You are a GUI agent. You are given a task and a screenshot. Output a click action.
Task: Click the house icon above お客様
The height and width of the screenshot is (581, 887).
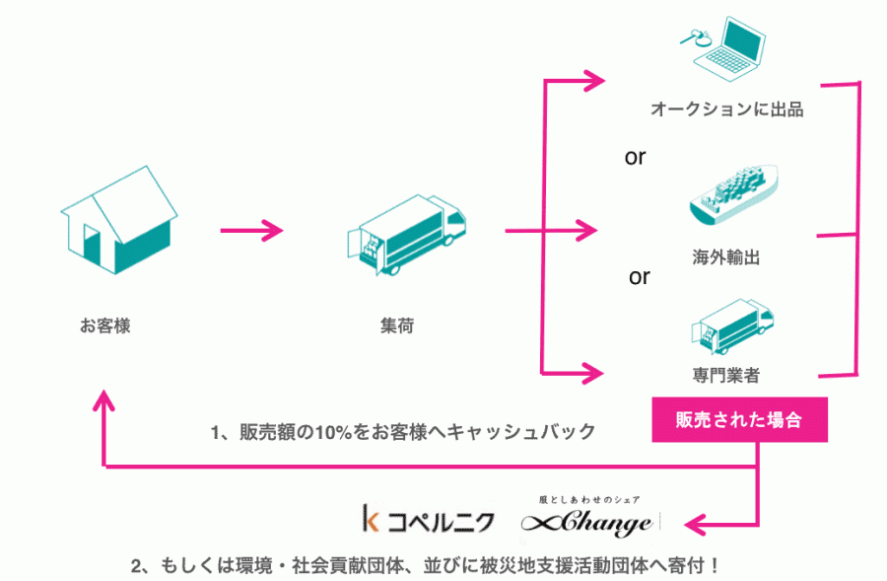[x=119, y=220]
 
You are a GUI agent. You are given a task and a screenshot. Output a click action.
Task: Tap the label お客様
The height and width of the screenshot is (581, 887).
[x=105, y=326]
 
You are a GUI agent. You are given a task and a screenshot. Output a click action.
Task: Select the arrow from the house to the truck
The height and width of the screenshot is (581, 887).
[x=251, y=231]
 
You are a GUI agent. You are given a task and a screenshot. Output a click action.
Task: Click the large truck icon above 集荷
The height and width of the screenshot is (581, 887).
[x=406, y=235]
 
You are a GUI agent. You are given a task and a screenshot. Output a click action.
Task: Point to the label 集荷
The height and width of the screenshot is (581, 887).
[x=397, y=326]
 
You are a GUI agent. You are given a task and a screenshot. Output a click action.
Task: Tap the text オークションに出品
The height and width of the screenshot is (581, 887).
[x=727, y=109]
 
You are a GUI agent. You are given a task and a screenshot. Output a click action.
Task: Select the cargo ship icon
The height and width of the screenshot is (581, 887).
[x=733, y=194]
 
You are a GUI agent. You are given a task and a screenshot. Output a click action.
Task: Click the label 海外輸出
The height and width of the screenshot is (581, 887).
[x=725, y=257]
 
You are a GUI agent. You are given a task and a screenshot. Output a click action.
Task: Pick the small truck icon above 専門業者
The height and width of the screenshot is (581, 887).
[x=732, y=327]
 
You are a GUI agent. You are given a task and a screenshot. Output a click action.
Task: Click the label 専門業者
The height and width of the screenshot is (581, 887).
[x=725, y=375]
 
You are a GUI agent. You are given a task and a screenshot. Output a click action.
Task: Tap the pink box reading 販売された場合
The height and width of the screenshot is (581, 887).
[x=739, y=419]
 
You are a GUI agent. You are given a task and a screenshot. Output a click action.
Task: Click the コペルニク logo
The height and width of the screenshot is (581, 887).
[x=429, y=519]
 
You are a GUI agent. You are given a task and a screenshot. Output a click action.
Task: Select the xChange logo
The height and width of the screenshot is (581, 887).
[x=588, y=517]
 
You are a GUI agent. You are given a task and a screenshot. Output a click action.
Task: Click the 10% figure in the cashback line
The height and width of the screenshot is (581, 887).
[x=334, y=432]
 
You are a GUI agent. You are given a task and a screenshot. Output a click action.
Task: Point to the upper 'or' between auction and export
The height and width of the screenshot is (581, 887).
[x=635, y=157]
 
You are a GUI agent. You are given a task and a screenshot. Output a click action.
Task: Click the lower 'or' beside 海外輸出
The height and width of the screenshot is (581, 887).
[x=640, y=277]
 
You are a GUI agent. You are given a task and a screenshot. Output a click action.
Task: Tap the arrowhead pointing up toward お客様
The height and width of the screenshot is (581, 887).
[x=103, y=399]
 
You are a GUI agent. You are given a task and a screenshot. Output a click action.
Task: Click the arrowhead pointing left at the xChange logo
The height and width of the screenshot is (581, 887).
[x=695, y=525]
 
